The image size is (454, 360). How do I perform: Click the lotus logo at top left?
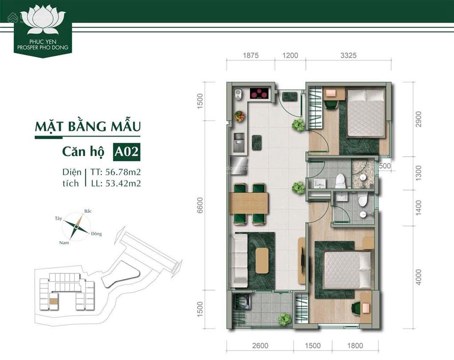coord(43,22)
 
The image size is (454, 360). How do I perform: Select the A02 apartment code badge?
coord(127,152)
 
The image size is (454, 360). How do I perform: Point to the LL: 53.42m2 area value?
coord(118,183)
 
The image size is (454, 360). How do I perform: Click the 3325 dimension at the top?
coord(348,56)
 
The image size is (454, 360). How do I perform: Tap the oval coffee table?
coord(262,260)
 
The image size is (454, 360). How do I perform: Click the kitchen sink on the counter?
coord(240,142)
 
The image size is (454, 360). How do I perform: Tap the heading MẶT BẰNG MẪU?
coord(88,126)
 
